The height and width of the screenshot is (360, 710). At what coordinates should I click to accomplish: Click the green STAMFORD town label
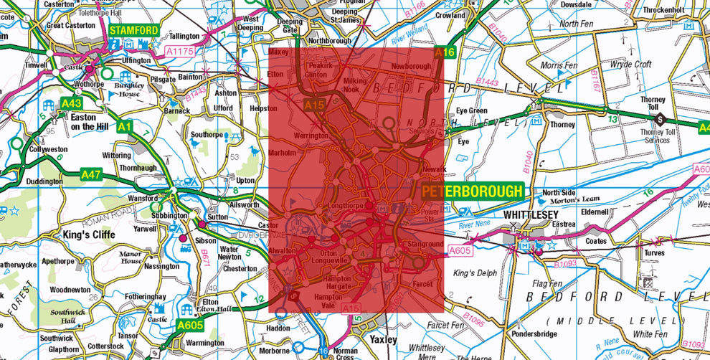coord(134,30)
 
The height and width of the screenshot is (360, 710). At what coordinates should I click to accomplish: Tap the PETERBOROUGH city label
coord(472,191)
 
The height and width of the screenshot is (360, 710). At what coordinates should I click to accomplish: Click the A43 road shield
coord(71,103)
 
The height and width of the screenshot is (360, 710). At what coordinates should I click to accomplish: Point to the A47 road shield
coord(91,174)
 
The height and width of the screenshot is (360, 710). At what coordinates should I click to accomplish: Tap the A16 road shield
coord(445,52)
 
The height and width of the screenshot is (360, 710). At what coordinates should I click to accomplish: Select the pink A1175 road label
coord(180,51)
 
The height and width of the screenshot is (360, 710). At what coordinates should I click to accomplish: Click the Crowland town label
coord(450,15)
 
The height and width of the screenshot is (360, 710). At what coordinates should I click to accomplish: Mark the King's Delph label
coord(474,273)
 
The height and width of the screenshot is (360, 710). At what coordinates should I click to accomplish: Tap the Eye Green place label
coord(471,110)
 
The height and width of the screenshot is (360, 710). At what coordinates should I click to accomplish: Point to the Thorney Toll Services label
coord(645,136)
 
